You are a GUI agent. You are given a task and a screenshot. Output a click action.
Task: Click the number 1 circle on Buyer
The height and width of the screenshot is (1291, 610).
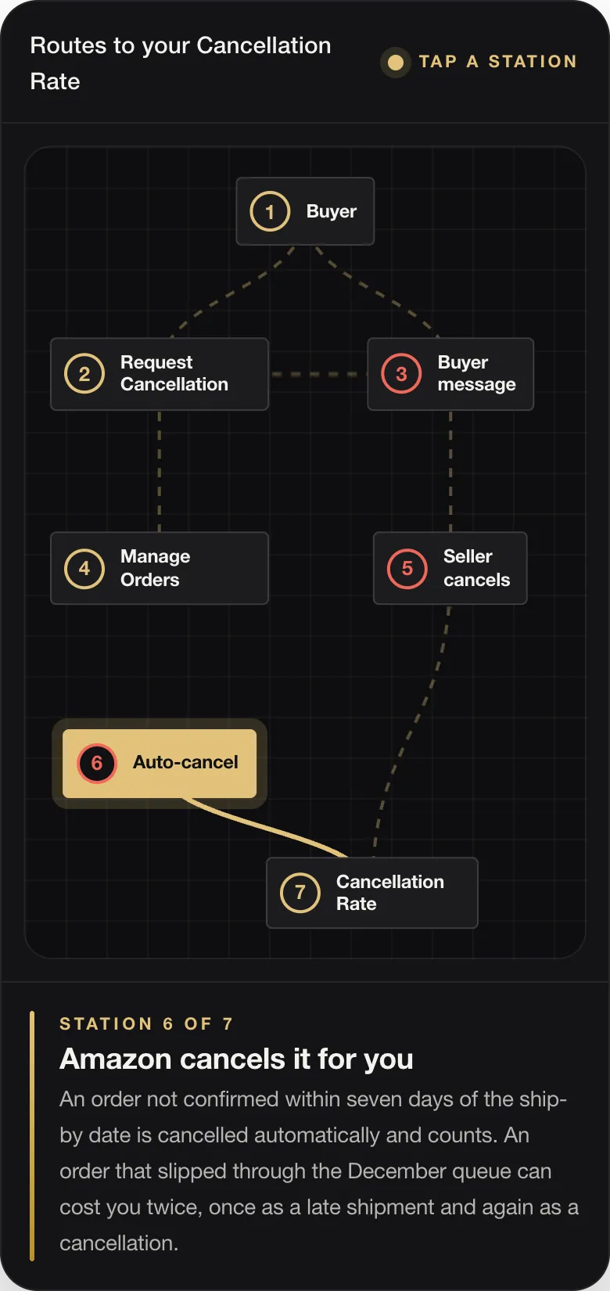coord(270,211)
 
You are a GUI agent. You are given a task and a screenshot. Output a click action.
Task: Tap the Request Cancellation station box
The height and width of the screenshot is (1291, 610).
coord(160,374)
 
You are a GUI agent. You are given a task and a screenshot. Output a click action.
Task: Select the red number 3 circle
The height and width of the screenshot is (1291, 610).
coord(401,374)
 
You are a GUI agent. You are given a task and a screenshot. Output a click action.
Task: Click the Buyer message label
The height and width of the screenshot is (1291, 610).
coord(476,373)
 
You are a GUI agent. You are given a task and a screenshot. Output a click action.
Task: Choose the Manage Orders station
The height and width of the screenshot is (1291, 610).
coord(160,568)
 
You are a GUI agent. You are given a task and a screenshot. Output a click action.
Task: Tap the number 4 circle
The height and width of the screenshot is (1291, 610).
coord(84,568)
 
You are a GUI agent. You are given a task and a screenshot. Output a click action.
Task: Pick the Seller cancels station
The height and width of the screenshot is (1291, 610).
coord(450,568)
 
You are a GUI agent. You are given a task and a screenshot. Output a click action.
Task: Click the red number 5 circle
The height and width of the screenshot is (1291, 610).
coord(407,568)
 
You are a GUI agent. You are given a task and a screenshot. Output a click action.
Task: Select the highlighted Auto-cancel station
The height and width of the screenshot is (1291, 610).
coord(160,764)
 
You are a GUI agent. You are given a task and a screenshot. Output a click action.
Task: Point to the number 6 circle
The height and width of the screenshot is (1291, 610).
coord(97,763)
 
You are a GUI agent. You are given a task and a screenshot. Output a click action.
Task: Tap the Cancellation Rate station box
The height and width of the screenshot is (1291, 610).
coord(372,893)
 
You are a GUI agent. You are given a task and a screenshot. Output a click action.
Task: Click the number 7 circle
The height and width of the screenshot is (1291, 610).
coord(300,893)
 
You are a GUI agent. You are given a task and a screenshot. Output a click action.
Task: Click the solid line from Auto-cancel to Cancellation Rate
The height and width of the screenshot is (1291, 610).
coord(265,827)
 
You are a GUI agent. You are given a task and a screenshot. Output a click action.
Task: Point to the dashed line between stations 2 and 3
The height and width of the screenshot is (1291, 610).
coord(318,375)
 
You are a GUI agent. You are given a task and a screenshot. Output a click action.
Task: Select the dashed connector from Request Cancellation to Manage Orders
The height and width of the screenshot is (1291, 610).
coord(160,472)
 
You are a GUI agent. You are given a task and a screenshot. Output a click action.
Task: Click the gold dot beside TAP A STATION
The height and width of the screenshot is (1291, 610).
coord(396,63)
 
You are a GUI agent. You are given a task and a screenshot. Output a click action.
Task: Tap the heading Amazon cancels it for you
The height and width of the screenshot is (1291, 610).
coord(236,1059)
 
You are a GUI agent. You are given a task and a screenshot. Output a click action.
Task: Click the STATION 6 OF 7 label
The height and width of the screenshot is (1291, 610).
coord(146,1023)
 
